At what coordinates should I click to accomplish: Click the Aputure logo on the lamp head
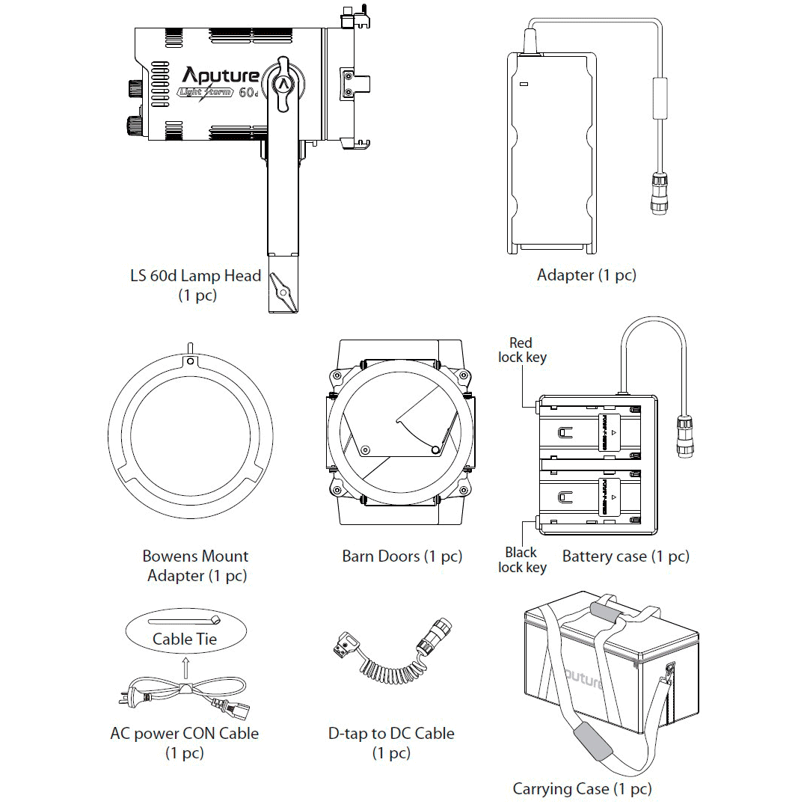click(221, 75)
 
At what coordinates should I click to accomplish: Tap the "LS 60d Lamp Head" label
click(196, 276)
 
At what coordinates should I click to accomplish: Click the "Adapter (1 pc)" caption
click(586, 275)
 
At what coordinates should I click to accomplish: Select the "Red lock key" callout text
click(521, 350)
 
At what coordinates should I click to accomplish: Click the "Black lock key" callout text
click(521, 559)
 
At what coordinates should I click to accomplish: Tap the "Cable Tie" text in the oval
click(184, 639)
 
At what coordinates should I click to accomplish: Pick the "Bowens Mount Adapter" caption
click(196, 565)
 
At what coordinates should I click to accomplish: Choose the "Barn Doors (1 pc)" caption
click(402, 556)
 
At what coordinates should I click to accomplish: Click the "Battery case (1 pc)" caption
click(625, 556)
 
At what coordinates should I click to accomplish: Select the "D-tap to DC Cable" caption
click(391, 734)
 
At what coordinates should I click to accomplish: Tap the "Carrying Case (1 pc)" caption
click(582, 788)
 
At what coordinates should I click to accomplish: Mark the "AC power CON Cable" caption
click(184, 734)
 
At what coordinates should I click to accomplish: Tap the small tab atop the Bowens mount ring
click(191, 349)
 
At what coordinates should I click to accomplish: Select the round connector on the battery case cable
click(684, 435)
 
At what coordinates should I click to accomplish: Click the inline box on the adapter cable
click(661, 98)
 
